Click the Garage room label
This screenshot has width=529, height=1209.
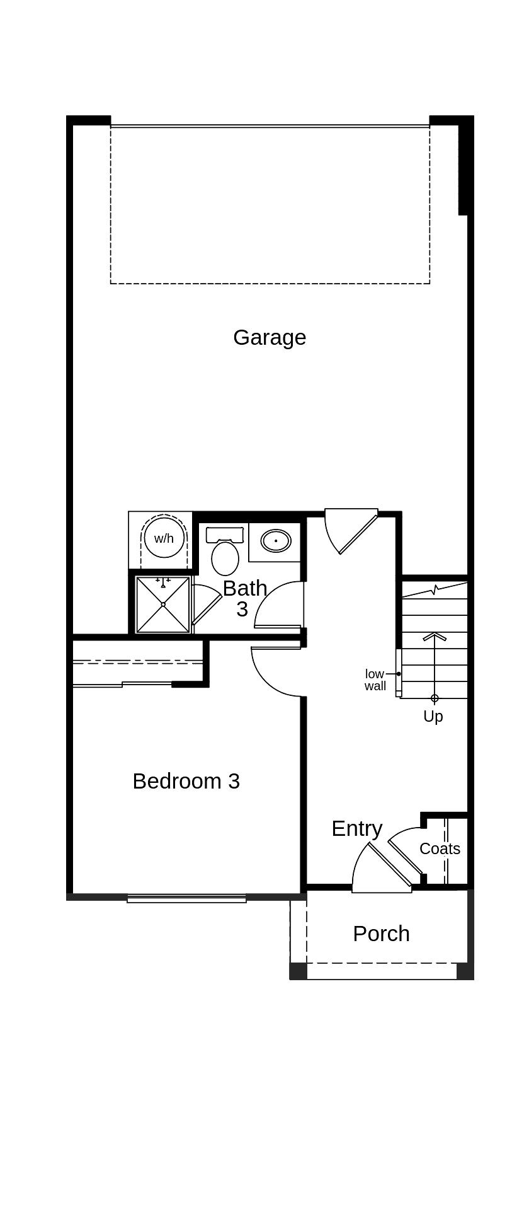point(270,337)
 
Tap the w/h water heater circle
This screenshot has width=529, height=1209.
point(164,538)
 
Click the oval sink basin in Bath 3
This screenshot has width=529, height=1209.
point(276,541)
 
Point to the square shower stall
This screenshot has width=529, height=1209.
point(163,604)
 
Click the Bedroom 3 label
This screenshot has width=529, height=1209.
point(186,781)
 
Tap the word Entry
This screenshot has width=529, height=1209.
point(356,828)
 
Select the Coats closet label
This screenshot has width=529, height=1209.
point(440,848)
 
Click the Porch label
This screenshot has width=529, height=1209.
point(381,934)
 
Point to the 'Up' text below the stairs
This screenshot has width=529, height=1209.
point(433,717)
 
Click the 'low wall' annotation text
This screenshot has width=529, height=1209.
point(375,680)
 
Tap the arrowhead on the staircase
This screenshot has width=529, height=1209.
point(435,637)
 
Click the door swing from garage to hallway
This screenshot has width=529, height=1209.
point(353,531)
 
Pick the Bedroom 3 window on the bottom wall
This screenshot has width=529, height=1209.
point(186,898)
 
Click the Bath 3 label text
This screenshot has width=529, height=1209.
point(244,598)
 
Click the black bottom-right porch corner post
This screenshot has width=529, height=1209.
point(465,971)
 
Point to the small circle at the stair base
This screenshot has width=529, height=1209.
point(435,698)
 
